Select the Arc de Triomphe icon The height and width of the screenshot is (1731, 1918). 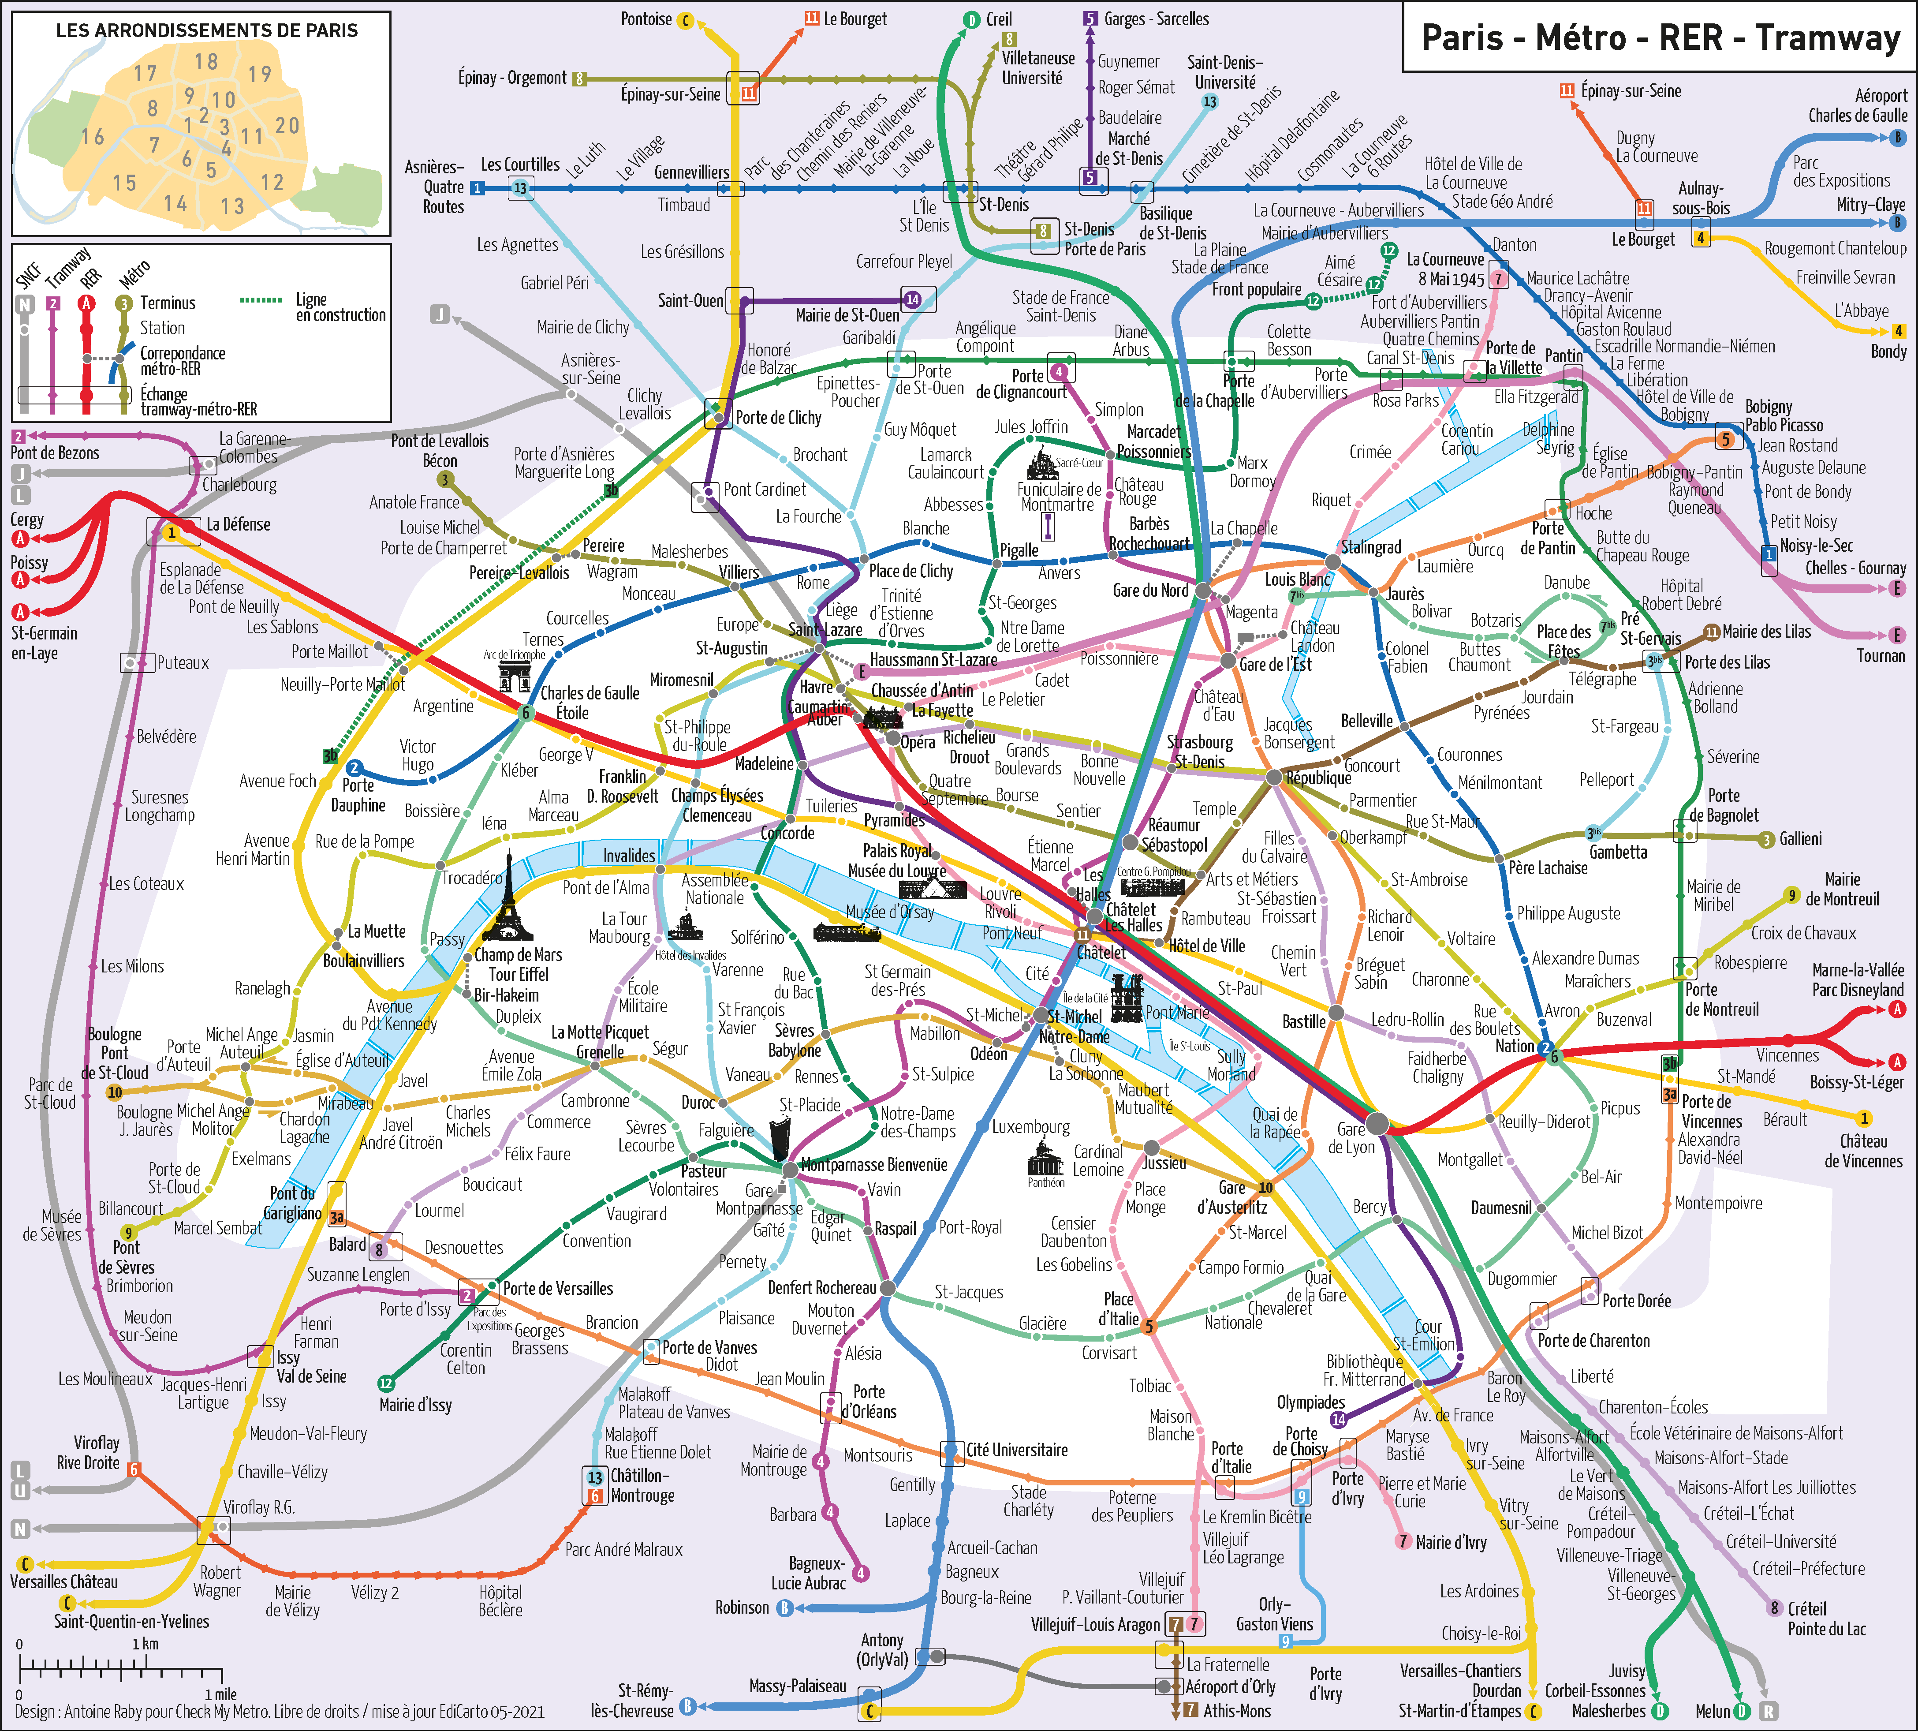[515, 675]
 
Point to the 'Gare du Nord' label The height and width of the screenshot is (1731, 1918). [1149, 591]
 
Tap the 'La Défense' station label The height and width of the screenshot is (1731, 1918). [238, 524]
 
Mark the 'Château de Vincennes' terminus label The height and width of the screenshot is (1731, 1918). [1863, 1151]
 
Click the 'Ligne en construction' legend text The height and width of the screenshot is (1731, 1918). [340, 306]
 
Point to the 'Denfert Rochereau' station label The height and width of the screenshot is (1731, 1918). [821, 1288]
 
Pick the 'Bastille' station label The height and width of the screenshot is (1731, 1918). [1304, 1021]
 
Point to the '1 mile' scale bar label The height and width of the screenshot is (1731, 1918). [220, 1694]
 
